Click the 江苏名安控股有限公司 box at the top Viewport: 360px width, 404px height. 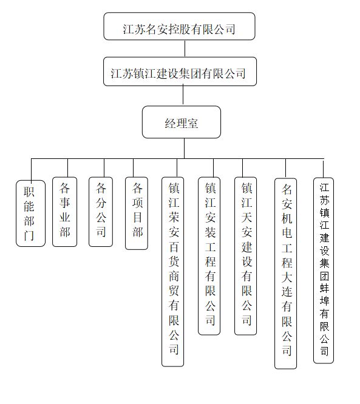click(x=179, y=26)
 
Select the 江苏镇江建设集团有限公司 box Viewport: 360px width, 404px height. click(x=180, y=72)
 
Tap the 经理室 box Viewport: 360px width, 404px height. click(x=182, y=122)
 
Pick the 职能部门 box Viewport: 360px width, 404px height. click(x=30, y=214)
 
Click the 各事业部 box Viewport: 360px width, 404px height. click(x=64, y=212)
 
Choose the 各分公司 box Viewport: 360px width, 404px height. click(x=101, y=212)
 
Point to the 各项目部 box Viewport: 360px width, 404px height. click(x=137, y=214)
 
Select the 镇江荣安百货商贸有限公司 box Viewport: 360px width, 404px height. click(x=172, y=272)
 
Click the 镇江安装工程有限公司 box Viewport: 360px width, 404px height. click(x=209, y=256)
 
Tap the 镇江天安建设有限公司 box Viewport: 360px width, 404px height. click(x=245, y=256)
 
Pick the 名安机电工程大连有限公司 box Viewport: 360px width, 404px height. click(x=285, y=274)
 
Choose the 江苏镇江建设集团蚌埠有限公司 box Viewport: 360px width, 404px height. click(x=324, y=271)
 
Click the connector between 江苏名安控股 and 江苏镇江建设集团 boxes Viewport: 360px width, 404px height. click(x=185, y=49)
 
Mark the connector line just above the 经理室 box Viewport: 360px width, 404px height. click(x=183, y=96)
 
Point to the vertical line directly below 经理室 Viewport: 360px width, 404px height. click(x=184, y=149)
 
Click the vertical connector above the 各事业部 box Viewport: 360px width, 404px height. click(x=67, y=168)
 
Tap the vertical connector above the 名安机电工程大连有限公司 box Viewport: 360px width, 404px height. click(x=285, y=169)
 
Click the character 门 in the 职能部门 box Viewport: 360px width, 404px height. click(x=29, y=235)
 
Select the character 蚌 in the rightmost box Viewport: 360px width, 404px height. click(x=324, y=288)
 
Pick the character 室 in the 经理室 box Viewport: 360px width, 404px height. click(x=192, y=123)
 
